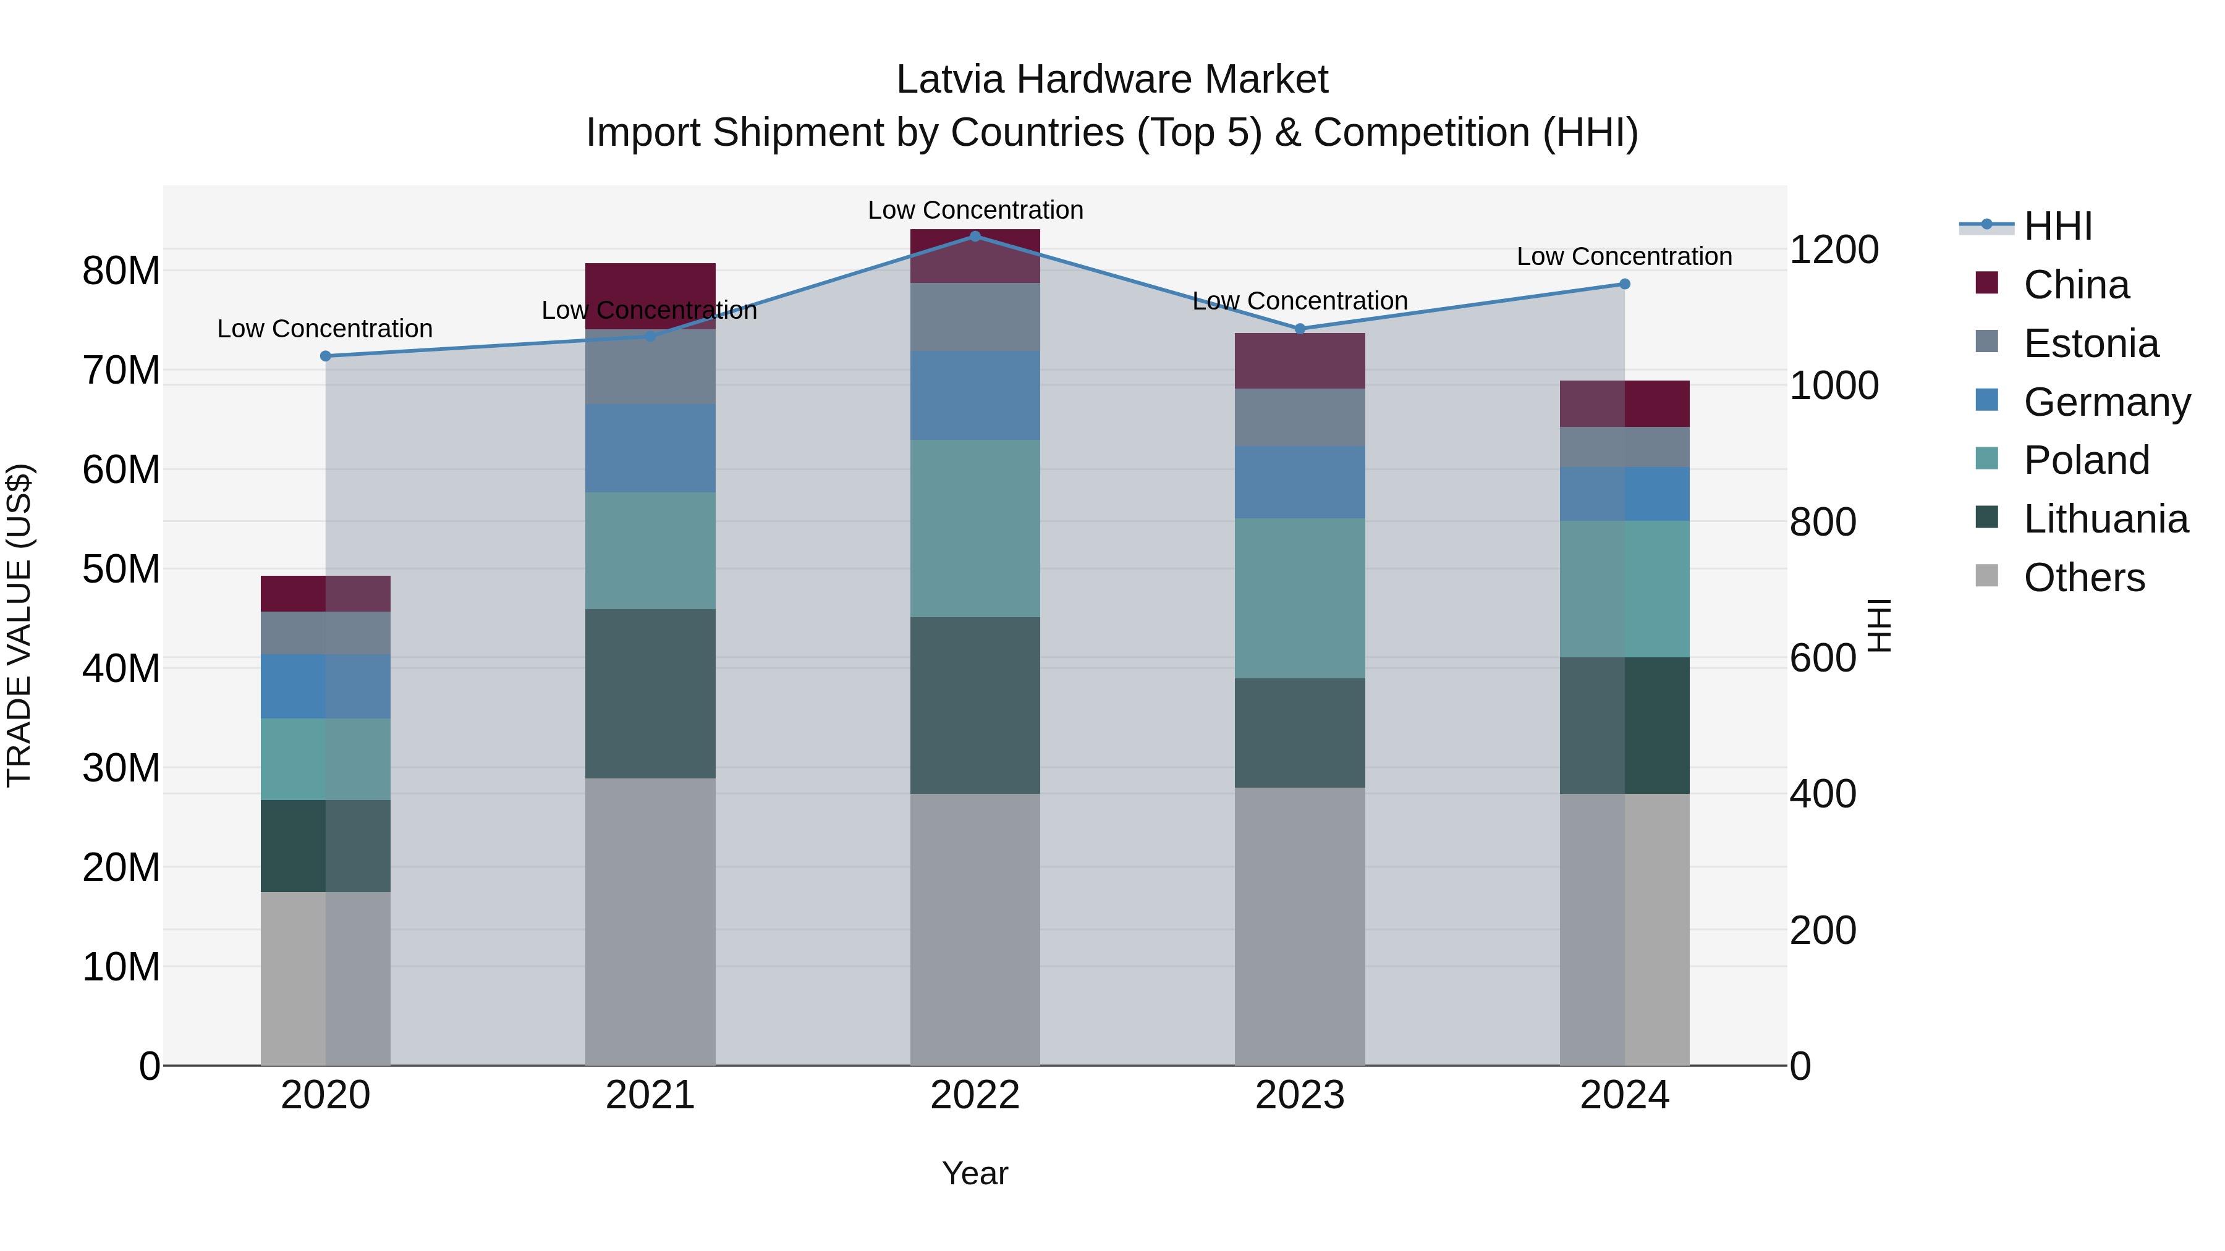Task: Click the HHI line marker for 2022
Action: point(975,236)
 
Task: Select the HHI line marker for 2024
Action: point(1624,284)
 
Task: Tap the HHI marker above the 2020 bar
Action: point(326,356)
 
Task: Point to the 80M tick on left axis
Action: point(121,271)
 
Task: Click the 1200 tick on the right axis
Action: point(1834,250)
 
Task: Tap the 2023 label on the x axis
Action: point(1299,1095)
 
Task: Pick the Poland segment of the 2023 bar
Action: point(1299,597)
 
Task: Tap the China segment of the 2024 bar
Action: point(1624,403)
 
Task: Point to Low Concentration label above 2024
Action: point(1624,256)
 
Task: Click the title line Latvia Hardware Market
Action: point(1112,80)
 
